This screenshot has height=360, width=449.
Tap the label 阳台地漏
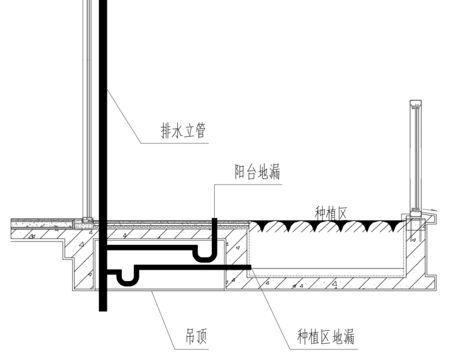[x=257, y=172]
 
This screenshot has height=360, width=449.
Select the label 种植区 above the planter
[x=330, y=212]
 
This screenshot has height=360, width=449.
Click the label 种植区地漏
[x=325, y=336]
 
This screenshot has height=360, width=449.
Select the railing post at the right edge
[x=416, y=158]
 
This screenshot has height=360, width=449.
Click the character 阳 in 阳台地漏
[x=240, y=172]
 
